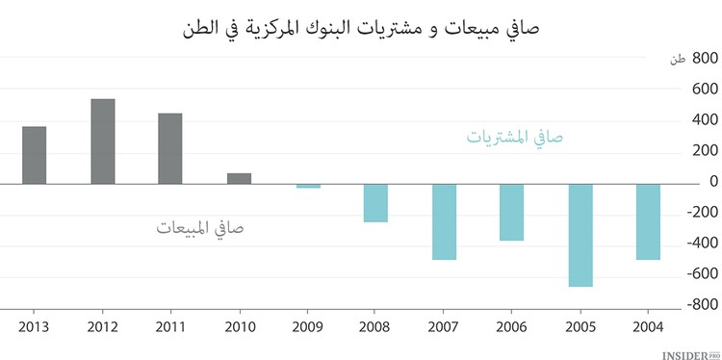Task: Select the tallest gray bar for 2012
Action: point(103,141)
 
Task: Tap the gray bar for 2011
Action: point(170,148)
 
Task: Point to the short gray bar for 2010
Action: point(239,178)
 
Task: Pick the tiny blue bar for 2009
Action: point(308,186)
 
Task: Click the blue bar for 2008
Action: point(375,203)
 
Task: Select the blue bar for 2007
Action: point(444,221)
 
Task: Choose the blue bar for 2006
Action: point(511,212)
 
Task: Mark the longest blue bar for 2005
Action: point(580,235)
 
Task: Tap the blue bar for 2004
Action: point(648,221)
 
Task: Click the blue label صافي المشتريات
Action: point(515,138)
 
